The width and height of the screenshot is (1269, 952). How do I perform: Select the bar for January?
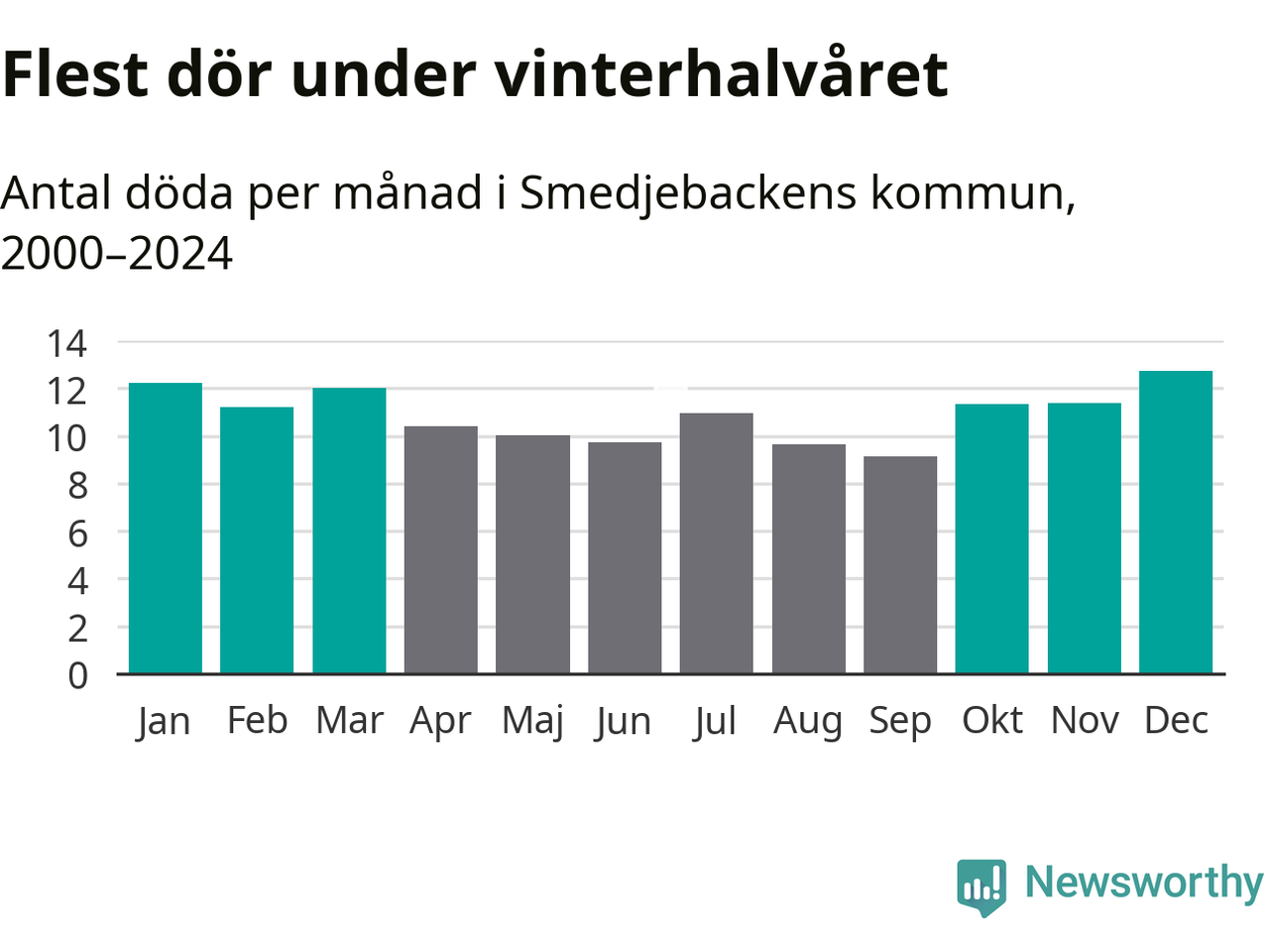pyautogui.click(x=166, y=529)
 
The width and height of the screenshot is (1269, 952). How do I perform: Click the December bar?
pyautogui.click(x=1176, y=523)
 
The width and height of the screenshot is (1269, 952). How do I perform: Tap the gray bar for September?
pyautogui.click(x=900, y=565)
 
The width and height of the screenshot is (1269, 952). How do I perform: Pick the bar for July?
pyautogui.click(x=716, y=543)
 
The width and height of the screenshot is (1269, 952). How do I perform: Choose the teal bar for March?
pyautogui.click(x=349, y=531)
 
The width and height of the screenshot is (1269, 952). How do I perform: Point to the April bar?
pyautogui.click(x=441, y=550)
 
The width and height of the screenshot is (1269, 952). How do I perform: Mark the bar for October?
pyautogui.click(x=991, y=539)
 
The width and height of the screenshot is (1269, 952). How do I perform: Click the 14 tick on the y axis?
pyautogui.click(x=67, y=344)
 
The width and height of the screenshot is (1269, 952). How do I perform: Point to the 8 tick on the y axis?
pyautogui.click(x=77, y=486)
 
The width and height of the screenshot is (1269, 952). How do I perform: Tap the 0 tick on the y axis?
pyautogui.click(x=77, y=675)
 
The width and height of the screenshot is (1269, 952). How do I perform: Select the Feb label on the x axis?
pyautogui.click(x=257, y=720)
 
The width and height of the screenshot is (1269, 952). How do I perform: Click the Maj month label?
pyautogui.click(x=532, y=721)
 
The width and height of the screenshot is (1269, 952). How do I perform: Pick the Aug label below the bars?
pyautogui.click(x=807, y=721)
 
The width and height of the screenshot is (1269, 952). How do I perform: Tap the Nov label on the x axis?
pyautogui.click(x=1085, y=720)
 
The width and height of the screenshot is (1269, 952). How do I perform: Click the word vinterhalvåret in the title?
pyautogui.click(x=722, y=72)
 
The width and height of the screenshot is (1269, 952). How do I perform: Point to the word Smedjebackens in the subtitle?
pyautogui.click(x=688, y=191)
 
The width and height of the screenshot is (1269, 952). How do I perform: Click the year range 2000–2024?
pyautogui.click(x=117, y=253)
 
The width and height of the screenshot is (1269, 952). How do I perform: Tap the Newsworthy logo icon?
pyautogui.click(x=981, y=886)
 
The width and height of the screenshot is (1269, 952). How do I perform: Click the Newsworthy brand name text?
pyautogui.click(x=1143, y=882)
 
